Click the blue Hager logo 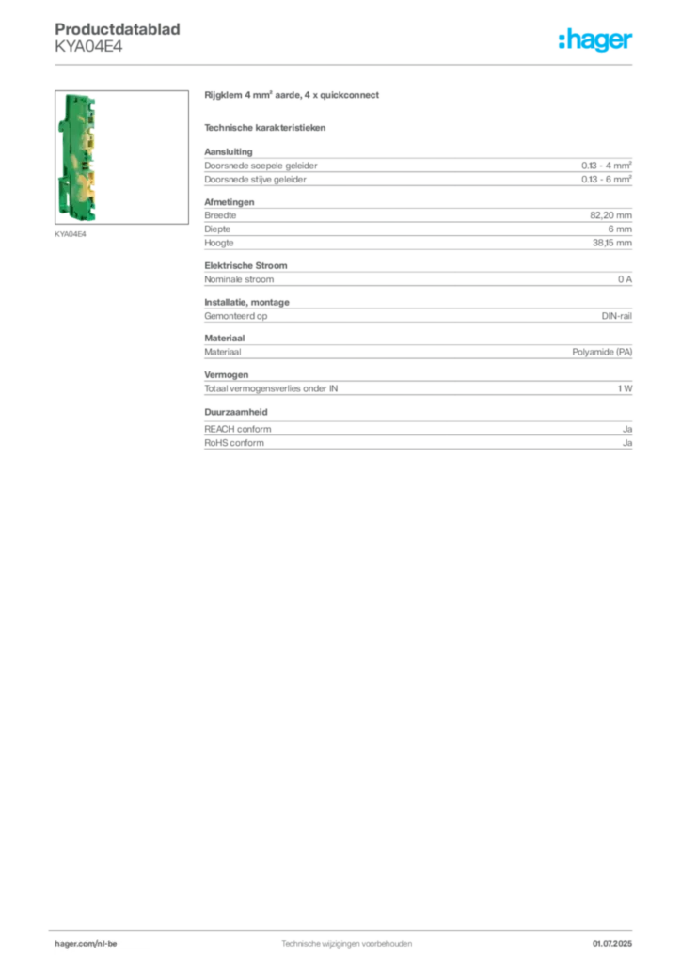(596, 41)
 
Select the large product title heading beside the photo (293, 96)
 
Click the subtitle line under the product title (266, 127)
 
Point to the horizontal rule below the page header (345, 63)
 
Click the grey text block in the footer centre (346, 941)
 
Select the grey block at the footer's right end (617, 941)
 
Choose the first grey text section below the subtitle (417, 166)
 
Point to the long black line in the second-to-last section (475, 387)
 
